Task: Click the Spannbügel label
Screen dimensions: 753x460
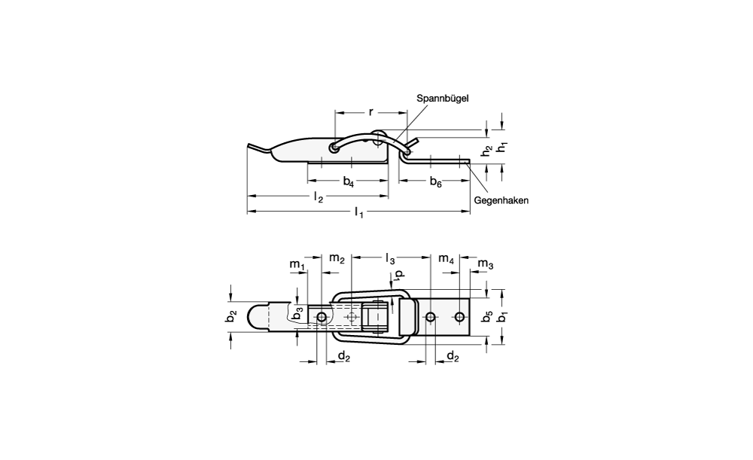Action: [442, 99]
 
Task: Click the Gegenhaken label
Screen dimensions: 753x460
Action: [501, 201]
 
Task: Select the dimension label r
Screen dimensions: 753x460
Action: [370, 112]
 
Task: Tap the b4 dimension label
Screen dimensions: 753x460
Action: [348, 181]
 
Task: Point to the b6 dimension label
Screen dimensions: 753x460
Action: [435, 181]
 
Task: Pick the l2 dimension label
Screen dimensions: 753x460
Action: [319, 196]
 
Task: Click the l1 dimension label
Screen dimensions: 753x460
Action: [358, 212]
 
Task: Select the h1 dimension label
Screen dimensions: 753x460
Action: [501, 148]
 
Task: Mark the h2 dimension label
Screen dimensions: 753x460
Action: [487, 151]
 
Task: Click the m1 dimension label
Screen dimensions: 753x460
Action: [297, 264]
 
